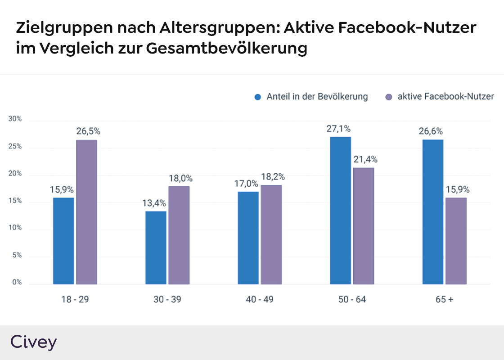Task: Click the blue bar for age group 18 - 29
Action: click(63, 241)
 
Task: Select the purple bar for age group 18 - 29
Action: click(86, 212)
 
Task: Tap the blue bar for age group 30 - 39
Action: click(156, 247)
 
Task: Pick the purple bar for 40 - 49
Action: click(271, 234)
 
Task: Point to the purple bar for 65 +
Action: click(455, 241)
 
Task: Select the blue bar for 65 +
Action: click(432, 211)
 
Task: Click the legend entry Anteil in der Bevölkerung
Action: click(317, 97)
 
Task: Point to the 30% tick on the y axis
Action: click(15, 119)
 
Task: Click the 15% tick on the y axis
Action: click(15, 201)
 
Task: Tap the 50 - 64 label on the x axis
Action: click(352, 299)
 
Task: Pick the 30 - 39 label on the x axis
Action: click(167, 299)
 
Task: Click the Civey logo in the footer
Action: click(33, 342)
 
